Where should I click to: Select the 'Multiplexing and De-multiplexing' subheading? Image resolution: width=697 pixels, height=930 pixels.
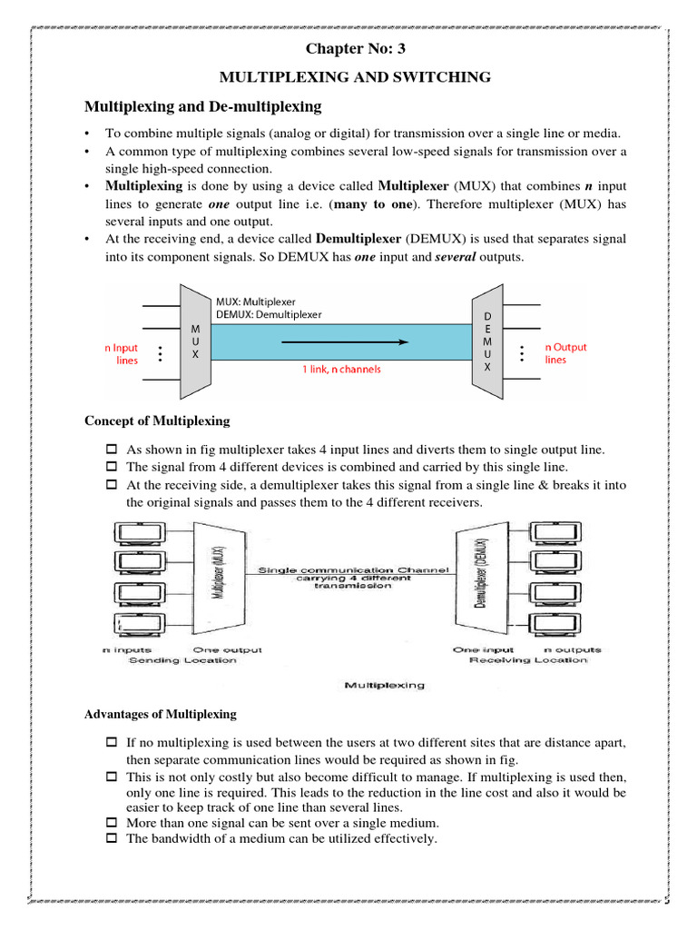[202, 107]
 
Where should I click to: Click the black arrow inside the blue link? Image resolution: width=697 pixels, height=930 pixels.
[341, 341]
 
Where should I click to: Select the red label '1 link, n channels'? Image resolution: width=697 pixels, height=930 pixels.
[341, 370]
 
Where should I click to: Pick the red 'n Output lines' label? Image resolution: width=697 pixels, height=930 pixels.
[565, 352]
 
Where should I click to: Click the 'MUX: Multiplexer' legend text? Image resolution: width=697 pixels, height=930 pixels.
[256, 301]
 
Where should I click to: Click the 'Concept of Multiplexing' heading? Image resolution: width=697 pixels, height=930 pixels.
[157, 421]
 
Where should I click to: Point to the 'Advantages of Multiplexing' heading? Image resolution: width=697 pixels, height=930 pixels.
[160, 714]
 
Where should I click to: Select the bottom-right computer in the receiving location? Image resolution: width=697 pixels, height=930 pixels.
[567, 627]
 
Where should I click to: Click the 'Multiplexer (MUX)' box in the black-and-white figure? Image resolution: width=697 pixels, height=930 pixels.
[211, 579]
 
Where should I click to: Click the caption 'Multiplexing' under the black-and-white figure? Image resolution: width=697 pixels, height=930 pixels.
[384, 686]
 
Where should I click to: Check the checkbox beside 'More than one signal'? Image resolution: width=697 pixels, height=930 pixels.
[112, 824]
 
